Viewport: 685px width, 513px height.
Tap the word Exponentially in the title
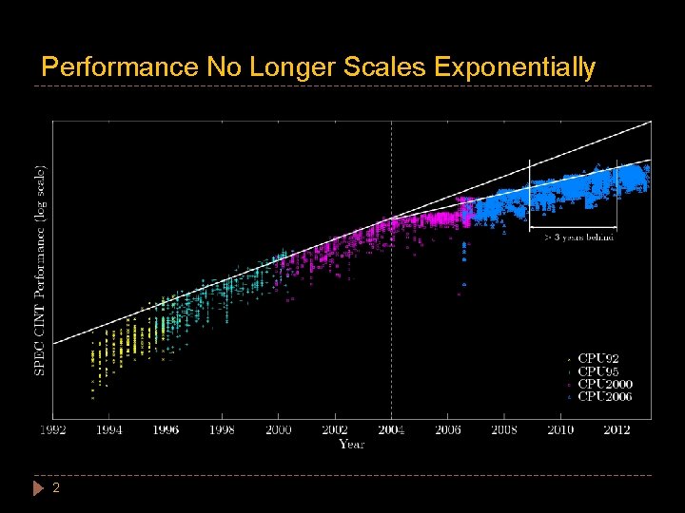pyautogui.click(x=515, y=67)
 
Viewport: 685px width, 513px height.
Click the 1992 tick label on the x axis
pyautogui.click(x=52, y=430)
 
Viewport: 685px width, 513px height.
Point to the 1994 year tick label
pyautogui.click(x=108, y=430)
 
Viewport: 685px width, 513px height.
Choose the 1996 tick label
pyautogui.click(x=166, y=430)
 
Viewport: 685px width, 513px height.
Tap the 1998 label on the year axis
pyautogui.click(x=222, y=430)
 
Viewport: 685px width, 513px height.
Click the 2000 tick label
pyautogui.click(x=279, y=430)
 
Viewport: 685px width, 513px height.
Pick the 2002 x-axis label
pyautogui.click(x=335, y=430)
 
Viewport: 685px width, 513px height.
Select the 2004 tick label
pyautogui.click(x=391, y=430)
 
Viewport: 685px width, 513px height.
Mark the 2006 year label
pyautogui.click(x=448, y=430)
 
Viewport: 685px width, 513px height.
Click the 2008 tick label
pyautogui.click(x=504, y=430)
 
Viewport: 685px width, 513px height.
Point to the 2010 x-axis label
pyautogui.click(x=560, y=430)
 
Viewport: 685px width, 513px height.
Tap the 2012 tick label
pyautogui.click(x=617, y=430)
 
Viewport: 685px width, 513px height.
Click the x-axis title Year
pyautogui.click(x=351, y=444)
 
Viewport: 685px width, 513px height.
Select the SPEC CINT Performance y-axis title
pyautogui.click(x=40, y=271)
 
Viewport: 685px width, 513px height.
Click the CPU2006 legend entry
pyautogui.click(x=605, y=396)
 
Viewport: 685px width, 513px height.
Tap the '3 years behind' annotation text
pyautogui.click(x=578, y=237)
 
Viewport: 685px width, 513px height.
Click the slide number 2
pyautogui.click(x=56, y=487)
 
